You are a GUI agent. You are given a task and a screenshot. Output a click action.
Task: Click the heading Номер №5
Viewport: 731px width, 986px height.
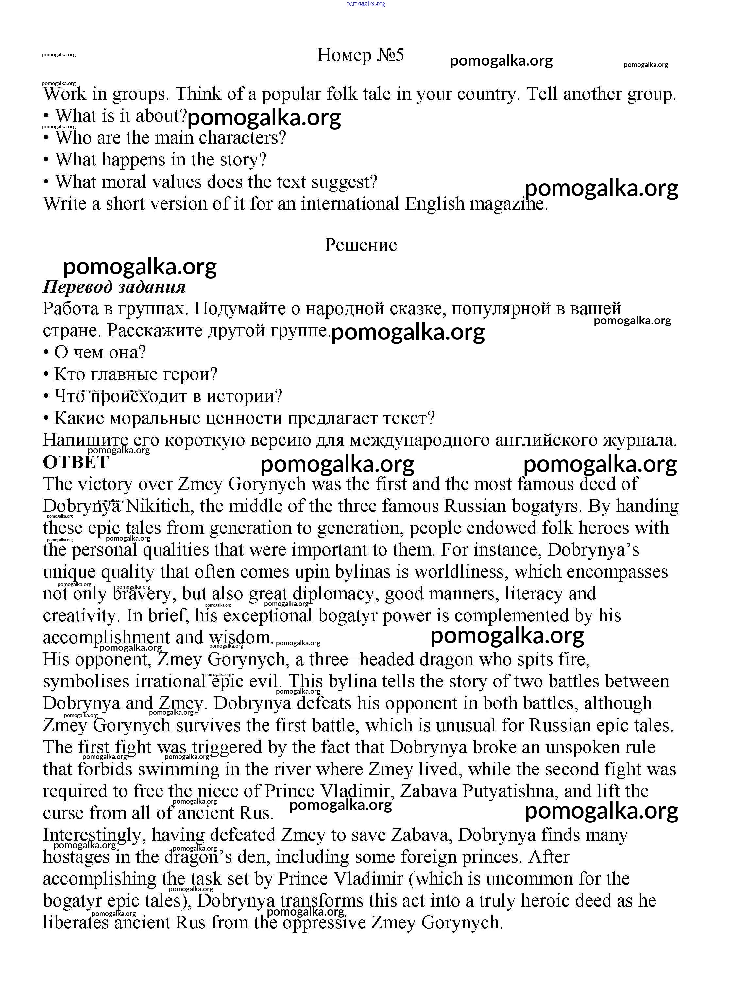click(360, 55)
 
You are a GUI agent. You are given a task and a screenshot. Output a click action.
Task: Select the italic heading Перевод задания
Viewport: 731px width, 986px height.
click(114, 287)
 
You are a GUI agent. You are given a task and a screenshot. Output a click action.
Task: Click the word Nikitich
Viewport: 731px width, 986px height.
click(159, 506)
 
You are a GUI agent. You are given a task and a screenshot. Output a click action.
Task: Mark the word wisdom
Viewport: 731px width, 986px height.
click(239, 638)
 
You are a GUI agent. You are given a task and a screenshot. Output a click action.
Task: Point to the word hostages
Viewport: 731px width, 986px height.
click(76, 857)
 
